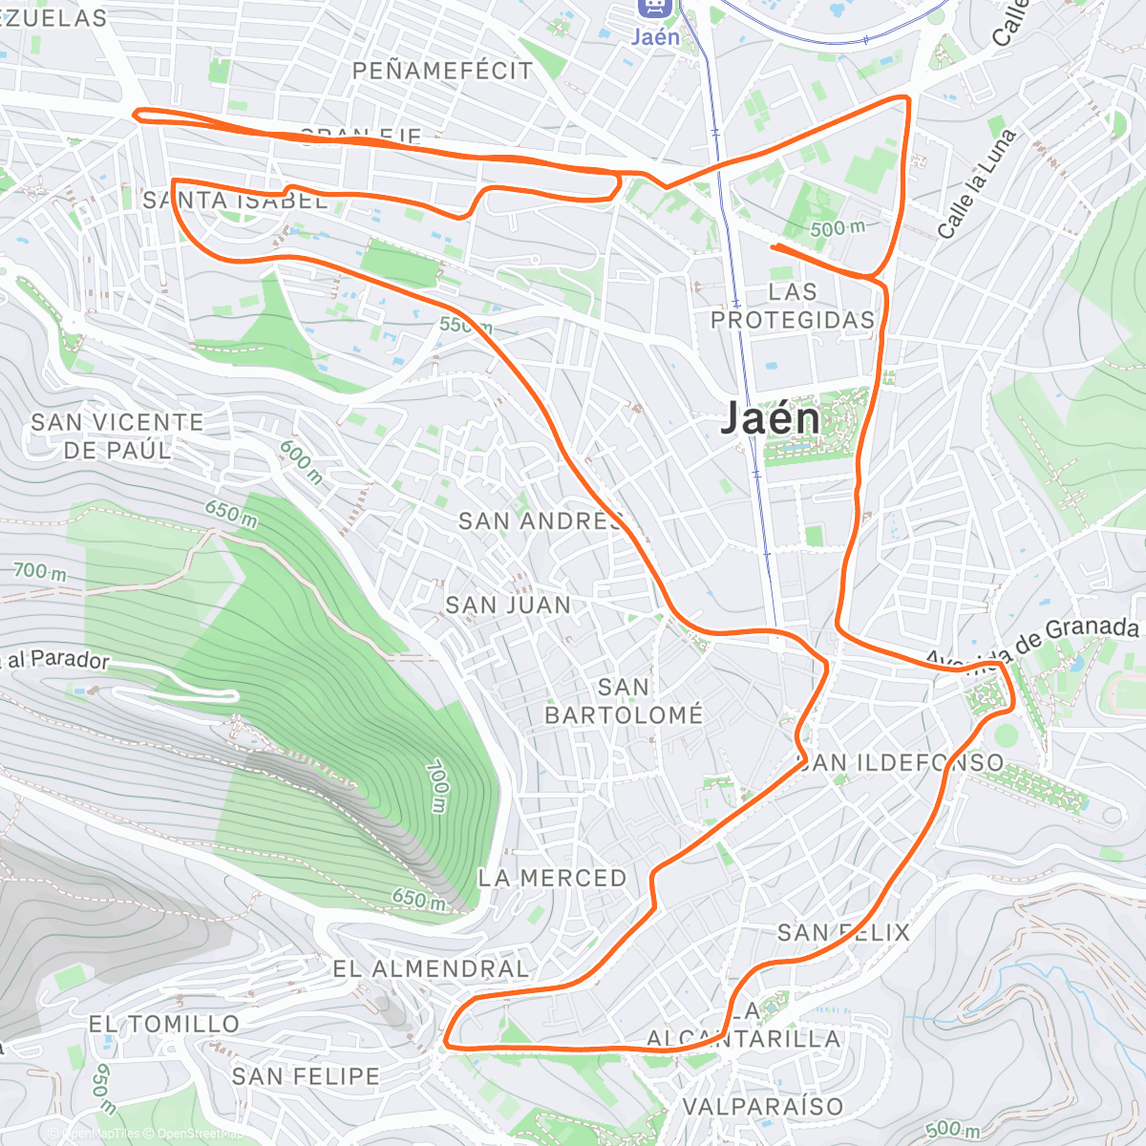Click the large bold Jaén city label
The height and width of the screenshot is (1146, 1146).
tap(770, 419)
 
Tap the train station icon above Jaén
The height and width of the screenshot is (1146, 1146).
tap(655, 8)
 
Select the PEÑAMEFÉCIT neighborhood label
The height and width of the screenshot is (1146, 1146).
tap(442, 71)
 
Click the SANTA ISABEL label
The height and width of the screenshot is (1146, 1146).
tap(235, 201)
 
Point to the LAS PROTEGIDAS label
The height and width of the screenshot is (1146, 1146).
tap(793, 306)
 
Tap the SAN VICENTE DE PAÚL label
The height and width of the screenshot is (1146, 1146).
tap(117, 435)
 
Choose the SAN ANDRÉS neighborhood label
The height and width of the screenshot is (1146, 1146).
tap(541, 521)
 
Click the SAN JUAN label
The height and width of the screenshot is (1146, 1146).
tap(508, 605)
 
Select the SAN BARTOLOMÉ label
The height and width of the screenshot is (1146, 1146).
tap(624, 701)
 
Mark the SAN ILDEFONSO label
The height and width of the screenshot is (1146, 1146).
tap(902, 762)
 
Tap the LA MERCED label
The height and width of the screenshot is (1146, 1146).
tap(552, 878)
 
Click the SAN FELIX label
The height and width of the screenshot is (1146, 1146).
tap(843, 932)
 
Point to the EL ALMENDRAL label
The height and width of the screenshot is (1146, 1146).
tap(430, 968)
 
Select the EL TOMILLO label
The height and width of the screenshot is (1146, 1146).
tap(164, 1024)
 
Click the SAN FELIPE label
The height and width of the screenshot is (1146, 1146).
tap(306, 1076)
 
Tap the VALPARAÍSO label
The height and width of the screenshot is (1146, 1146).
tap(763, 1106)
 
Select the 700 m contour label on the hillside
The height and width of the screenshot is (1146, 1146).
tap(436, 786)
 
